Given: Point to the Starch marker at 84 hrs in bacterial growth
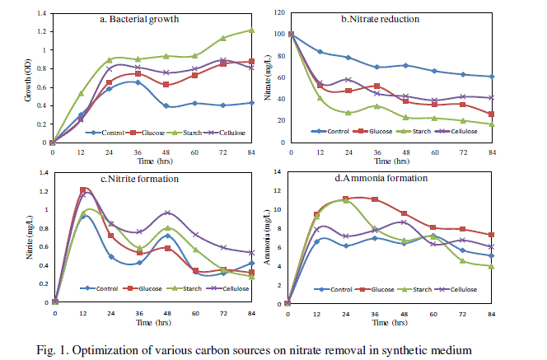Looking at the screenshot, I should tap(252, 30).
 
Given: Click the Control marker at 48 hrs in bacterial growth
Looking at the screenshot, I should tap(166, 106).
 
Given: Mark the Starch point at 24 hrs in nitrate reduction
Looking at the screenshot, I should tap(348, 113).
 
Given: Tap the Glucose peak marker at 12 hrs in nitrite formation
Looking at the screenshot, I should tap(83, 190).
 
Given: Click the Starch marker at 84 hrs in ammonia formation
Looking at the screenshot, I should tap(491, 266).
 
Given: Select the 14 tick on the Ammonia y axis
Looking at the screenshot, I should tap(278, 171).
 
